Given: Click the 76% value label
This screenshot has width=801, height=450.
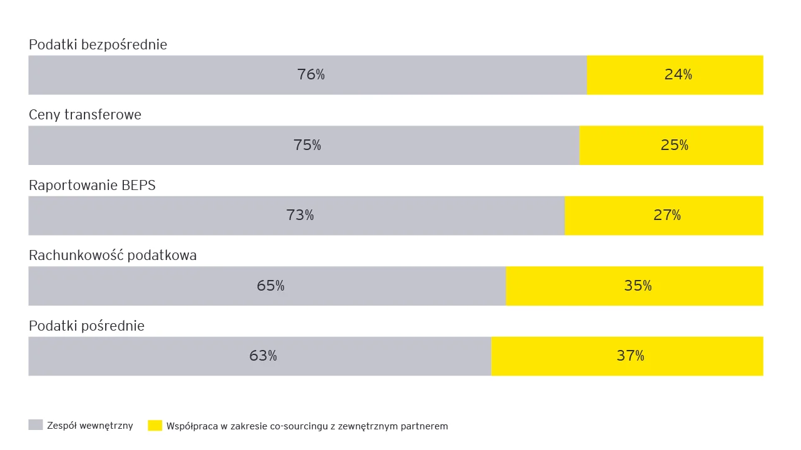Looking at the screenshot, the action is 311,74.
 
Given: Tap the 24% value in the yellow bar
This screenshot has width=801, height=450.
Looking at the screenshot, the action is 678,74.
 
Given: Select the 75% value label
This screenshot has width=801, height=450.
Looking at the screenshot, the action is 307,144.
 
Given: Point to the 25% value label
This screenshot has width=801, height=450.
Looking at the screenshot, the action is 675,144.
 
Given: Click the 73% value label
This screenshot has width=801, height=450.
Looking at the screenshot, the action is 300,215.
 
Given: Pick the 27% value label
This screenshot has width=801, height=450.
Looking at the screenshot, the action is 667,215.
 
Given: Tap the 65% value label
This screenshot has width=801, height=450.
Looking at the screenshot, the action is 270,286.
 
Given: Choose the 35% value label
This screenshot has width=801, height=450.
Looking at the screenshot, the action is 638,286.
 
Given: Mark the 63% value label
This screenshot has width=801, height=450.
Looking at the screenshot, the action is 263,356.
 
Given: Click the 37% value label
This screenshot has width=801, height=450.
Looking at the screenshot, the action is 630,356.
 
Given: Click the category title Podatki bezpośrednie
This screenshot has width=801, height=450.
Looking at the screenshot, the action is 98,45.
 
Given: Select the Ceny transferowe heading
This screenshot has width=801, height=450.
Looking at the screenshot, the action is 85,115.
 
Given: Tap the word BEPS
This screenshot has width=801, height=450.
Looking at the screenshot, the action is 138,186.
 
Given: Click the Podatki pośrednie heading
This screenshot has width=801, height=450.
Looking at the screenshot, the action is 86,326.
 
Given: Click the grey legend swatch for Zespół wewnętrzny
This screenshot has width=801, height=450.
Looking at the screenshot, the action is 36,425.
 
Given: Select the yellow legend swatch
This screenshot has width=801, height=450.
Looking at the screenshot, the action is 155,425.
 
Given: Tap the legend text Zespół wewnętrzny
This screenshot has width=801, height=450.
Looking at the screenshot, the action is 89,426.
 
